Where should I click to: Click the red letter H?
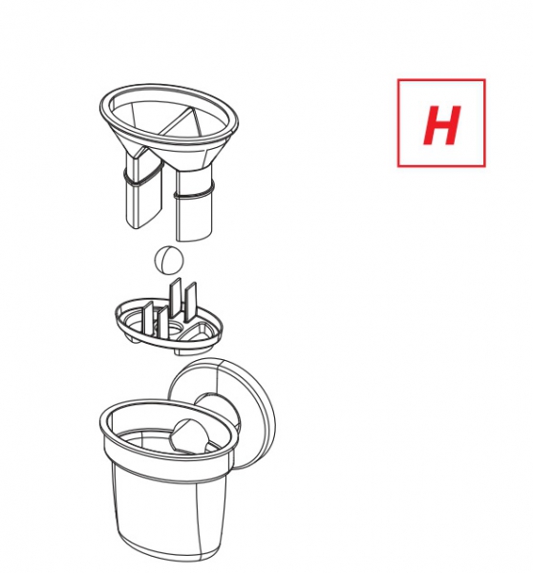pyautogui.click(x=441, y=125)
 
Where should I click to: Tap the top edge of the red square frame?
pyautogui.click(x=441, y=79)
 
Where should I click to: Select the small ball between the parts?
pyautogui.click(x=169, y=259)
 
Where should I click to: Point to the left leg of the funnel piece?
pyautogui.click(x=142, y=190)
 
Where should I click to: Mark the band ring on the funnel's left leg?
pyautogui.click(x=142, y=178)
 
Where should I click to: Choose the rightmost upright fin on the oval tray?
pyautogui.click(x=190, y=303)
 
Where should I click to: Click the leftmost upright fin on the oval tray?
pyautogui.click(x=148, y=317)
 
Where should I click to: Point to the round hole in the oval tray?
pyautogui.click(x=175, y=329)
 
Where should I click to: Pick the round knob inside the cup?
pyautogui.click(x=189, y=436)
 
